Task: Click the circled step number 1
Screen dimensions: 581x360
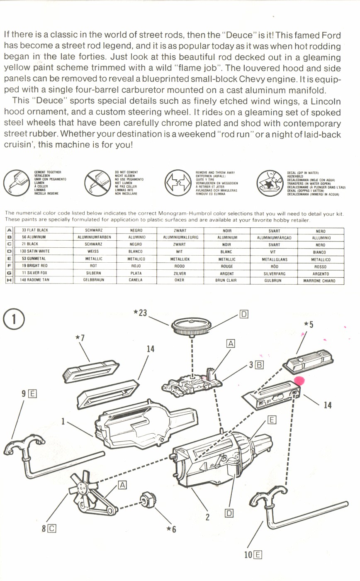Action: (14, 320)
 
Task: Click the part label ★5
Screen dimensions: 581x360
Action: (308, 324)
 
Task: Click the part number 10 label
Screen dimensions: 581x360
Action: (248, 554)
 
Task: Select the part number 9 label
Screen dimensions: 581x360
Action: (25, 393)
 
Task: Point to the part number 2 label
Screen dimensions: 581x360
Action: (207, 517)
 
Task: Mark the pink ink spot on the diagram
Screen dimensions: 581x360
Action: (299, 381)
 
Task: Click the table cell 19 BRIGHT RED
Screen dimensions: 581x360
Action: (35, 266)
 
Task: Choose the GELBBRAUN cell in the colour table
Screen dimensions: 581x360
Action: (94, 281)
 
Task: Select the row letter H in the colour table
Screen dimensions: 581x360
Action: (9, 281)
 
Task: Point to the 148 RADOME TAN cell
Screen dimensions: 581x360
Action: (35, 281)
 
